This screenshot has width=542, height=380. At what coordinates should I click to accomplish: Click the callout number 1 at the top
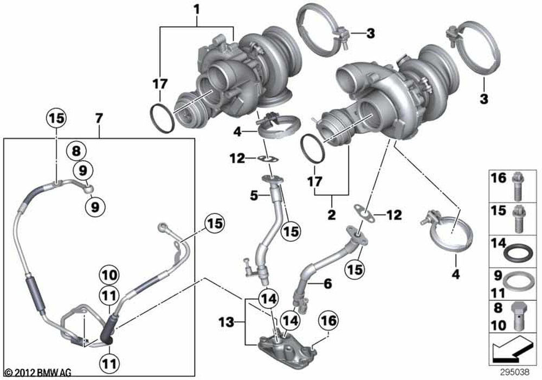pyautogui.click(x=197, y=9)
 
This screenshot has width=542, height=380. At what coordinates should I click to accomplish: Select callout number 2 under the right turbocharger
pyautogui.click(x=332, y=214)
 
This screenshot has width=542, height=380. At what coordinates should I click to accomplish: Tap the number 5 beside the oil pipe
pyautogui.click(x=254, y=196)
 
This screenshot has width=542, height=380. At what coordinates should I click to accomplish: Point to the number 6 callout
pyautogui.click(x=327, y=283)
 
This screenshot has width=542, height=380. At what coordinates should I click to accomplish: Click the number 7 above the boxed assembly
pyautogui.click(x=99, y=119)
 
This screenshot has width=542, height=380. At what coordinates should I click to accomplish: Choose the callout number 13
pyautogui.click(x=227, y=323)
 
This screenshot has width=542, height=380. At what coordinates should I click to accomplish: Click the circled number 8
pyautogui.click(x=76, y=151)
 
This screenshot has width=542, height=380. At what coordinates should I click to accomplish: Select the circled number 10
pyautogui.click(x=109, y=275)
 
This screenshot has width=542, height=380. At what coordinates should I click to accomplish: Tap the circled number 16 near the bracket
pyautogui.click(x=329, y=320)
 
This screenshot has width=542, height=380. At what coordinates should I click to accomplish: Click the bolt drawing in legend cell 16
pyautogui.click(x=517, y=186)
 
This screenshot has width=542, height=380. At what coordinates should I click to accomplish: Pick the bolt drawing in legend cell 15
pyautogui.click(x=518, y=219)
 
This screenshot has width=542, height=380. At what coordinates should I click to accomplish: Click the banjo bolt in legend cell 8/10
pyautogui.click(x=517, y=316)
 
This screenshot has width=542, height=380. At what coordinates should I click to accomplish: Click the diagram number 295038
pyautogui.click(x=515, y=372)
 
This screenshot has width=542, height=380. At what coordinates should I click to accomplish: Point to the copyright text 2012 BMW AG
pyautogui.click(x=42, y=372)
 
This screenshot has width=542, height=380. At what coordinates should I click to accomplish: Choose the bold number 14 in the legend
pyautogui.click(x=499, y=243)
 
